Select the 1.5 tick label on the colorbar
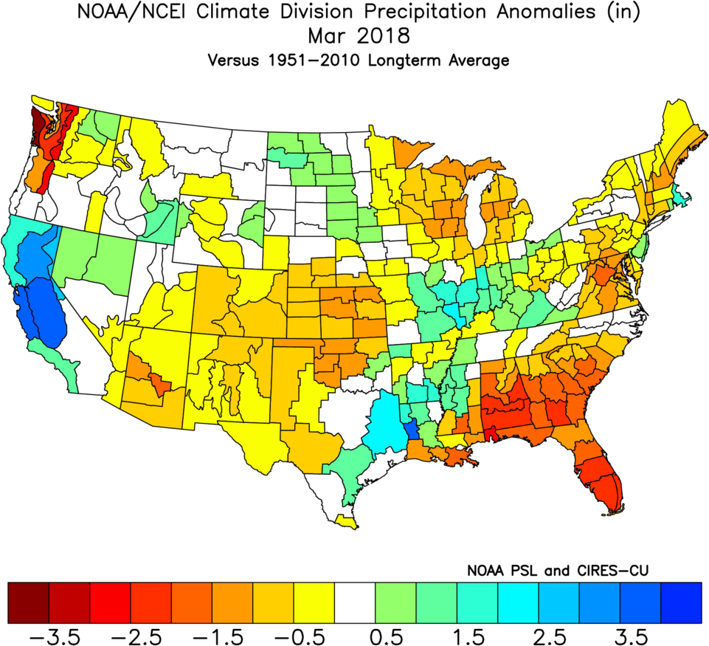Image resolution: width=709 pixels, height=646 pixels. (x=477, y=636)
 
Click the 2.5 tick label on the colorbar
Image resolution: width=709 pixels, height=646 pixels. (x=558, y=636)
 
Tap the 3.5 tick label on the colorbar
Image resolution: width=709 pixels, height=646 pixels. (x=639, y=636)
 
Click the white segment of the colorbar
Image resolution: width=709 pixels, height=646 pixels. (x=355, y=602)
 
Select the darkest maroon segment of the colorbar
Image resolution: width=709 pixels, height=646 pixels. (x=29, y=602)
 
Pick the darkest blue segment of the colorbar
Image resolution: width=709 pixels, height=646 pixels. (x=680, y=602)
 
